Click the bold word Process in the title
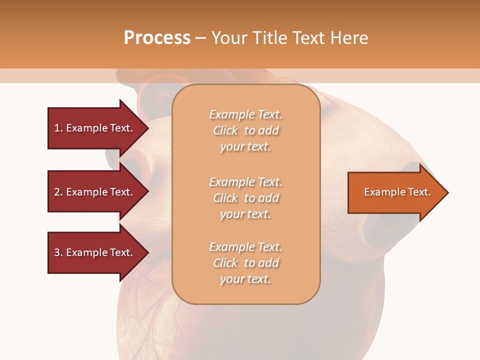(157, 38)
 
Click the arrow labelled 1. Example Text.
(95, 128)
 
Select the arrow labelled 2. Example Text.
(95, 192)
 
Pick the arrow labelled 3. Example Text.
(95, 252)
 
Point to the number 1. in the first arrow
(58, 128)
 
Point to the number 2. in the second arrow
(58, 192)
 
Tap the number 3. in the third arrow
(58, 252)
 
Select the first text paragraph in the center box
(245, 130)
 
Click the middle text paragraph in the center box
(245, 198)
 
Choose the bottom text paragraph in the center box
(245, 263)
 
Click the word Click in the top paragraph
(225, 130)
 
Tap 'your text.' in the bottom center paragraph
(245, 279)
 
